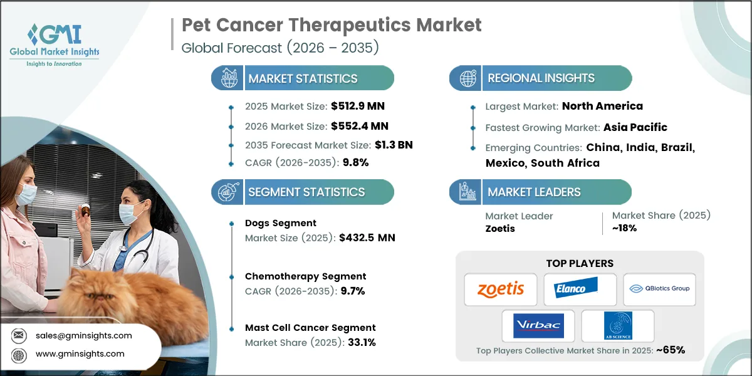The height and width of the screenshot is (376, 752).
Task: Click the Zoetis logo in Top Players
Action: (x=500, y=290)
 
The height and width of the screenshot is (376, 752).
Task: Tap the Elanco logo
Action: (x=580, y=289)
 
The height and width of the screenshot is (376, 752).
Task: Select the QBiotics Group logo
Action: (x=659, y=289)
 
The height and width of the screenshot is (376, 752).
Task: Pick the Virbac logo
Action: (x=538, y=326)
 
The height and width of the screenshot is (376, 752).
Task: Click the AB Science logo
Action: (x=617, y=326)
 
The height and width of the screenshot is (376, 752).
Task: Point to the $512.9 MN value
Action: (x=355, y=106)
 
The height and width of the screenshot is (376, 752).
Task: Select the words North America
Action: (x=602, y=106)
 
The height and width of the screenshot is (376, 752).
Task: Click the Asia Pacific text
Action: (x=635, y=127)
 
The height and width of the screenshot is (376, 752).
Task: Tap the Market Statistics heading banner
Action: (x=303, y=78)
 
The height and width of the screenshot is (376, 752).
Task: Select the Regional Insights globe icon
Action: (x=467, y=78)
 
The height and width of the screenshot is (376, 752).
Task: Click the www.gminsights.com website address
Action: (x=80, y=354)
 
